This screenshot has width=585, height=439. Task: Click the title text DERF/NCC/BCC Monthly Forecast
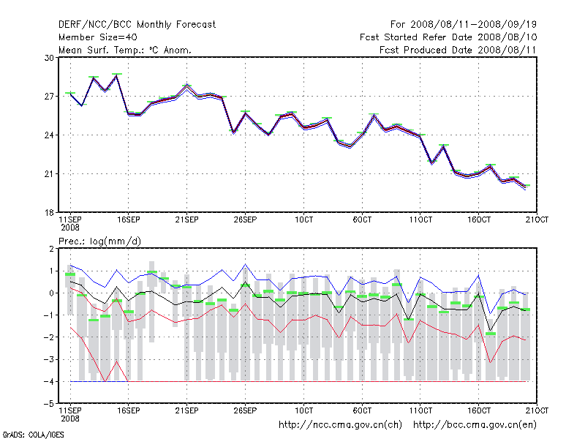tap(137, 24)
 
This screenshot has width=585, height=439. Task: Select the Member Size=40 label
tap(97, 37)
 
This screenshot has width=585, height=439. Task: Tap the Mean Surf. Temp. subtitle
tap(124, 50)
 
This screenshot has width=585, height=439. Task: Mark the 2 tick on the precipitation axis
tap(50, 249)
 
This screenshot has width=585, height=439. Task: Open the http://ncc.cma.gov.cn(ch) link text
tap(341, 424)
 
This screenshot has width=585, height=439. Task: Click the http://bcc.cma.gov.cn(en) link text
tap(475, 424)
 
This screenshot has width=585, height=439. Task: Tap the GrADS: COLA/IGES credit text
tap(34, 434)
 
